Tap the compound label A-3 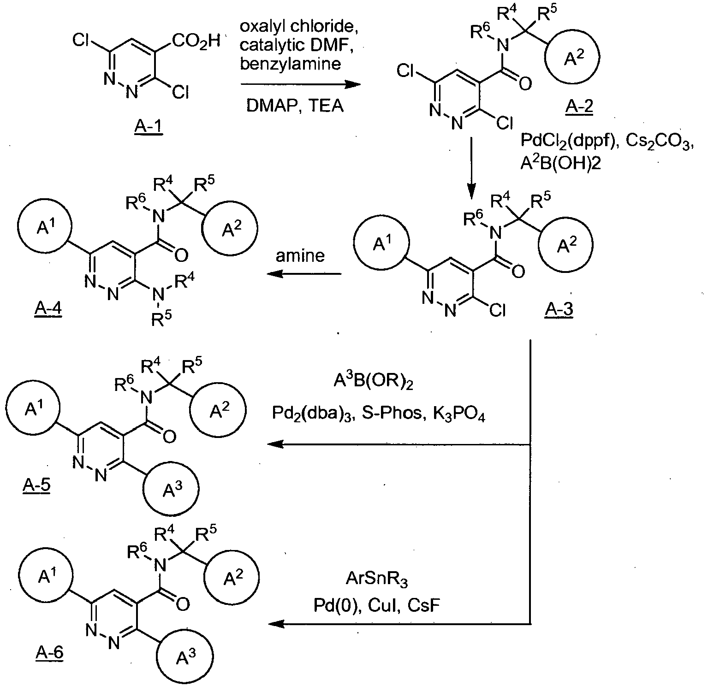(559, 310)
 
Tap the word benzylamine (291, 63)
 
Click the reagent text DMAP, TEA (295, 106)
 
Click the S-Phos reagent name (397, 414)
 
